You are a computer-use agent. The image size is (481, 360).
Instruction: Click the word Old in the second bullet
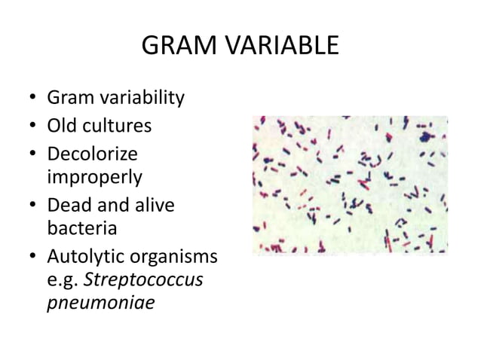coord(60,125)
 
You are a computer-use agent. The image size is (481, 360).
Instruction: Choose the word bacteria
coord(80,227)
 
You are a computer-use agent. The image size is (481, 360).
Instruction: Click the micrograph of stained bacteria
coord(350,185)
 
